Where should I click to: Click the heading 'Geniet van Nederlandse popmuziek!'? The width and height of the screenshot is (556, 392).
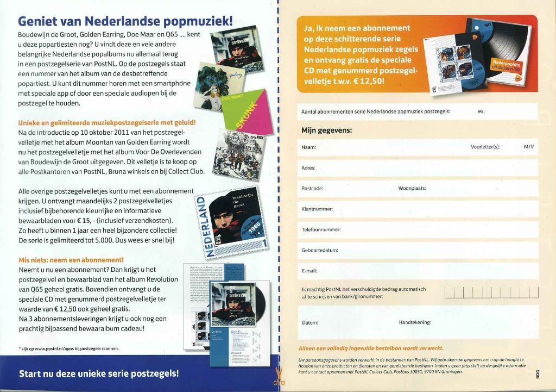click(x=125, y=21)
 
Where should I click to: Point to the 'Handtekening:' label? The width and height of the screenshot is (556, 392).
click(x=414, y=322)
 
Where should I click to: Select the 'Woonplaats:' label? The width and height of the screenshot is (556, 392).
click(x=412, y=188)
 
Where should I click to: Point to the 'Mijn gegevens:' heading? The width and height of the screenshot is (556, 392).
click(x=326, y=130)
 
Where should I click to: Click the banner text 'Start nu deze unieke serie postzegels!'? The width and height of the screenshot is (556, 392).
click(x=99, y=374)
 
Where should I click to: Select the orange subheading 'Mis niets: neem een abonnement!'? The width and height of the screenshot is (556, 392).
click(x=71, y=259)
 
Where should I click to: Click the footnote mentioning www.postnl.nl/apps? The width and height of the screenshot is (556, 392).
click(x=69, y=349)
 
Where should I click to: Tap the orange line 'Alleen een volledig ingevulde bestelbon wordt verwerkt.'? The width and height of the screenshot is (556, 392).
click(x=371, y=348)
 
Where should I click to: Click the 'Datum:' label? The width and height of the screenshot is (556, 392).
click(x=309, y=322)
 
